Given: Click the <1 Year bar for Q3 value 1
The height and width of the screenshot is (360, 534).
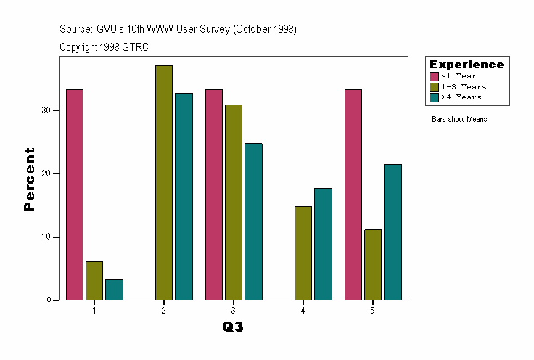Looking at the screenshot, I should click(75, 195).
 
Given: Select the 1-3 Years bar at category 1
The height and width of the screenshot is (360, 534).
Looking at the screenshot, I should click(94, 280).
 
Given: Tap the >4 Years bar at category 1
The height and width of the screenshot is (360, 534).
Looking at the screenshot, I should click(114, 290).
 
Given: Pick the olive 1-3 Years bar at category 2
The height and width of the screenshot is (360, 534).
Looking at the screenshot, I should click(164, 182).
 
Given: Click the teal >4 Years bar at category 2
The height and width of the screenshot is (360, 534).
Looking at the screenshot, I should click(184, 196).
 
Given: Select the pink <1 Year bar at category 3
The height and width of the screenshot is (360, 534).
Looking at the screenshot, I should click(214, 195).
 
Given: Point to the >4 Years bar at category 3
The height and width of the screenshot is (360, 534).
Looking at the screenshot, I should click(253, 221).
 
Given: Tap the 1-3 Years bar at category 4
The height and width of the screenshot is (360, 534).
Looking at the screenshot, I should click(303, 253).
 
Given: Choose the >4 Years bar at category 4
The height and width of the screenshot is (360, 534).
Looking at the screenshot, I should click(323, 244).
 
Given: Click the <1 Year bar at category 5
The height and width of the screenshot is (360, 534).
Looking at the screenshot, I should click(353, 195).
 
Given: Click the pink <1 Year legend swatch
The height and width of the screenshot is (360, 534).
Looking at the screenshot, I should click(434, 76).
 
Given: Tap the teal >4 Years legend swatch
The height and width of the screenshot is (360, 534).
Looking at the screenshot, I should click(434, 97).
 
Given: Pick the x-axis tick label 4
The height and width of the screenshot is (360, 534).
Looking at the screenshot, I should click(303, 311).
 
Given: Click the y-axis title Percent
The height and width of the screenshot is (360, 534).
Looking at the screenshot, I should click(30, 179).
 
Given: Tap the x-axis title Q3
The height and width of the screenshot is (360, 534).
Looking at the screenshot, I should click(233, 327).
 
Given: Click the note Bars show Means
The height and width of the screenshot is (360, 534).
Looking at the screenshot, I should click(459, 119).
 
